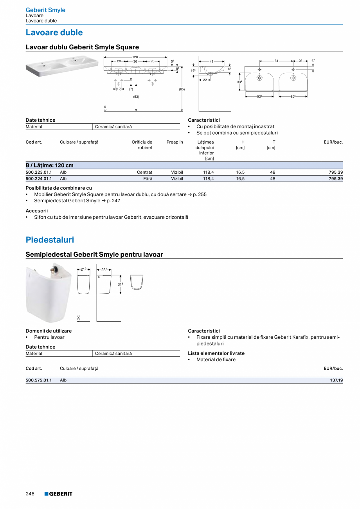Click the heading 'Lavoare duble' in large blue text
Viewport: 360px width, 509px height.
coord(54,32)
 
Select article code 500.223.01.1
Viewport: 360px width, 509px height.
coord(39,172)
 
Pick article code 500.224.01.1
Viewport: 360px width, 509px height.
coord(39,179)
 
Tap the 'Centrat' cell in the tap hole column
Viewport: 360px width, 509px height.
coord(144,172)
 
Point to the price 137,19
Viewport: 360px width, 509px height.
coord(336,380)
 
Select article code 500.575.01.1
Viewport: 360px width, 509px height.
coord(39,380)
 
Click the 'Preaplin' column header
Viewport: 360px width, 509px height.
coord(175,142)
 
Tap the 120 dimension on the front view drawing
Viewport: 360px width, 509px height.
coord(135,58)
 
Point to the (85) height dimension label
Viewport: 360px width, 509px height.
coord(182,90)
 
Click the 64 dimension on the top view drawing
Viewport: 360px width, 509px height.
coord(276,61)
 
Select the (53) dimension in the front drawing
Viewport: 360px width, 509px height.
coord(136,96)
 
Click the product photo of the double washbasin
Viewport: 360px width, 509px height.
coord(62,66)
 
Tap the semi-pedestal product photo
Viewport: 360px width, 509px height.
coord(49,293)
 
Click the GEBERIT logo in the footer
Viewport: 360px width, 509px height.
coord(58,494)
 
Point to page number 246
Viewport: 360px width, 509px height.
coord(30,494)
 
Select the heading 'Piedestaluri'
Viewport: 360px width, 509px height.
coord(50,240)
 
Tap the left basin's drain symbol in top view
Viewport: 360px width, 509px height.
coord(259,78)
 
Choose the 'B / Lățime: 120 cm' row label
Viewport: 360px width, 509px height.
coord(50,165)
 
